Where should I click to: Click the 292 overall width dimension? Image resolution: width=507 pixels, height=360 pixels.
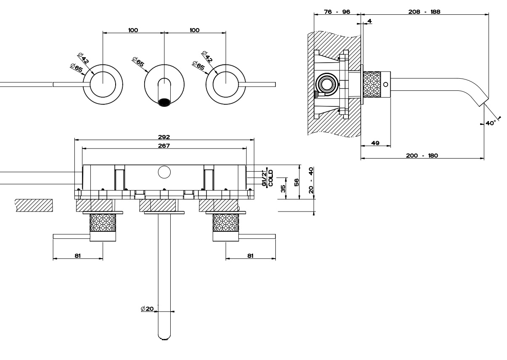click(x=164, y=137)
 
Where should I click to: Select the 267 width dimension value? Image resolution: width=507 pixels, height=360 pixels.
click(x=164, y=145)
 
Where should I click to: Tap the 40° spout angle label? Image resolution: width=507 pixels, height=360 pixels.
click(x=491, y=123)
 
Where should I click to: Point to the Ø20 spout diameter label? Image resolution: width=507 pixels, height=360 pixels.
click(x=147, y=309)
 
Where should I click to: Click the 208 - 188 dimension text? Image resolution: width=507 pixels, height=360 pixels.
click(x=424, y=12)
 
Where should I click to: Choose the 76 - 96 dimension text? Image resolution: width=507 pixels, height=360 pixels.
click(x=338, y=12)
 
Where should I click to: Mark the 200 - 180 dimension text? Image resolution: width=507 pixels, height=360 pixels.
click(x=422, y=156)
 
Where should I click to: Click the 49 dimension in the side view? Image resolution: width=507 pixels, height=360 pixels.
click(x=375, y=143)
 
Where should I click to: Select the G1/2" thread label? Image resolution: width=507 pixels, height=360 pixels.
click(x=264, y=178)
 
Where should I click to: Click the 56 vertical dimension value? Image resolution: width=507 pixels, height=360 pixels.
click(x=296, y=182)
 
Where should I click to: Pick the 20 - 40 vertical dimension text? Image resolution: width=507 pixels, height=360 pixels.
click(x=311, y=180)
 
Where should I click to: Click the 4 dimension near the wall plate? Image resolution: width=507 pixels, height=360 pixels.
click(x=369, y=21)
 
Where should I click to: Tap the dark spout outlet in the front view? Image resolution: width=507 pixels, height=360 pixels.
click(x=164, y=102)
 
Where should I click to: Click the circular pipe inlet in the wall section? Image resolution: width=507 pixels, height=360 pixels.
click(x=326, y=85)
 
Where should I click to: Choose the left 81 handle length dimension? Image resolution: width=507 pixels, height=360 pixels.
click(x=78, y=255)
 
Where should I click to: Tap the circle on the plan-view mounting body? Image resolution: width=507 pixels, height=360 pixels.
click(x=164, y=172)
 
